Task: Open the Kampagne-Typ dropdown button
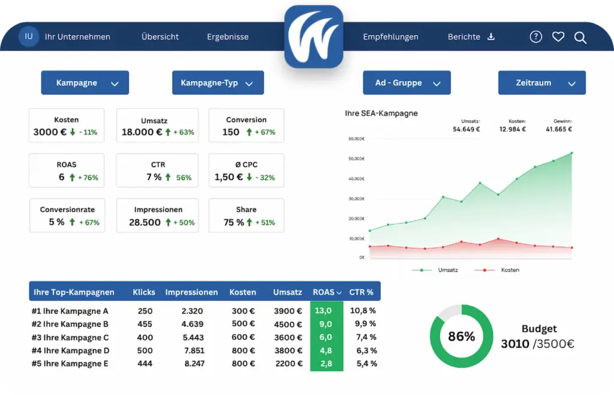coord(218,83)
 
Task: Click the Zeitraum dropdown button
coord(542,83)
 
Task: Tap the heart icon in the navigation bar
coord(558,37)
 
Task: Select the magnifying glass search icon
coord(580,38)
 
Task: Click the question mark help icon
coord(535,37)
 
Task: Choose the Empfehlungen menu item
coord(390,37)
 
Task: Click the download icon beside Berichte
coord(491,37)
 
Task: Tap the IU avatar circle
coord(29,37)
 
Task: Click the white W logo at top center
coord(313,37)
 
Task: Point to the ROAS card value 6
coord(62,177)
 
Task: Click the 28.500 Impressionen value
coord(145,223)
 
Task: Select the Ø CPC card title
coord(246,164)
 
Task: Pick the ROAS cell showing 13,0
coord(323,311)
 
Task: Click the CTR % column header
coord(361,292)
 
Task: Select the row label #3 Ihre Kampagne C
coord(70,337)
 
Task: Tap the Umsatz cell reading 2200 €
coord(288,364)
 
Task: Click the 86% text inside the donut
coord(461,336)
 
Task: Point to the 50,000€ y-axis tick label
coord(356,158)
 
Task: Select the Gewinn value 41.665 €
coord(559,129)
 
